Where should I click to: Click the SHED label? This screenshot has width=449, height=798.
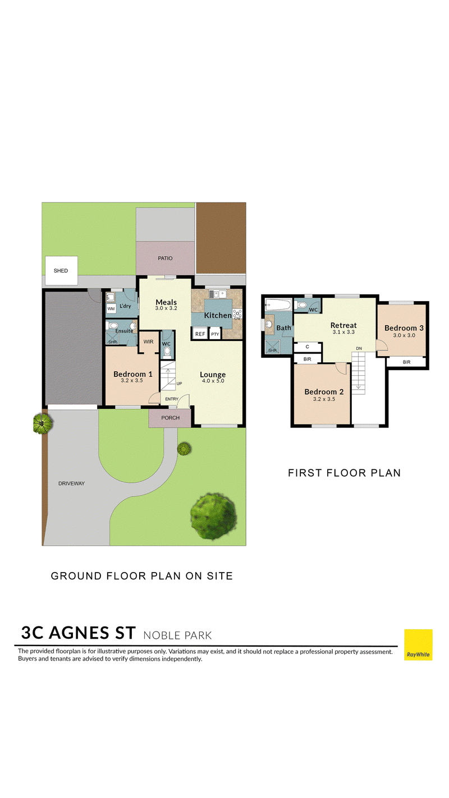(61, 271)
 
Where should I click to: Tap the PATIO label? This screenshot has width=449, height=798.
(165, 259)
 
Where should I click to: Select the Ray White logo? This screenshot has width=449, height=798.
(418, 645)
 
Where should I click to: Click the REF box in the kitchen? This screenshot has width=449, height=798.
(200, 334)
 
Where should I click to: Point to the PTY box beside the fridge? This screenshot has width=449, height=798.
(215, 334)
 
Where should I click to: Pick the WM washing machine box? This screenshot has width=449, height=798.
(111, 308)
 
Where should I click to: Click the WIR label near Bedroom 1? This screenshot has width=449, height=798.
(148, 342)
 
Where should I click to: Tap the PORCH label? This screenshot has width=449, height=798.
(171, 418)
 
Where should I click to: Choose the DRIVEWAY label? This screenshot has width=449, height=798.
(72, 483)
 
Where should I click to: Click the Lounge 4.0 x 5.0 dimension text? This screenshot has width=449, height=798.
(213, 381)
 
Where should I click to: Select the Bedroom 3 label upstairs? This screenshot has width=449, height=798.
(404, 328)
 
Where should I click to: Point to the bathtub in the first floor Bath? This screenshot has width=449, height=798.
(278, 305)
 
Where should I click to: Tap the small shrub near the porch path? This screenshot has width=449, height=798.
(184, 449)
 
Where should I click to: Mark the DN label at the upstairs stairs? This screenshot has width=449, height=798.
(359, 348)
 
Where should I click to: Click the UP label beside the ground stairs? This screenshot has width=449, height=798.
(179, 384)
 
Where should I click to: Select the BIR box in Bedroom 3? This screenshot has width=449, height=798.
(406, 362)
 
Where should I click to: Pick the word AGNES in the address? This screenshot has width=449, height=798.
(92, 633)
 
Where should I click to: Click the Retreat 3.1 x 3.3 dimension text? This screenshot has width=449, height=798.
(343, 332)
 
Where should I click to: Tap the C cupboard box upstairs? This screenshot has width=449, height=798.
(308, 347)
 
